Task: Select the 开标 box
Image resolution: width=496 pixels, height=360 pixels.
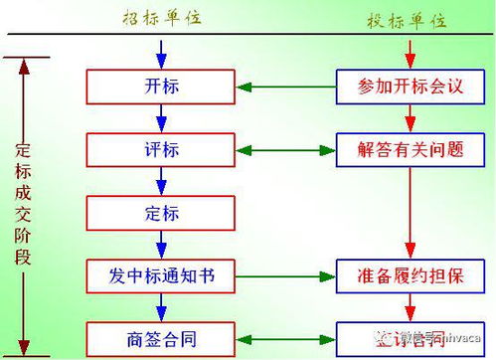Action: coord(161,87)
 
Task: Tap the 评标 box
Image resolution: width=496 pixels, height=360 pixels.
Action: coord(161,149)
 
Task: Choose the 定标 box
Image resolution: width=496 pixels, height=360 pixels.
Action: coord(161,212)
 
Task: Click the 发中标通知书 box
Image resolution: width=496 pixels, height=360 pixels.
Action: coord(161,273)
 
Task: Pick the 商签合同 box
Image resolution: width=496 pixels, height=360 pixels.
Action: coord(161,334)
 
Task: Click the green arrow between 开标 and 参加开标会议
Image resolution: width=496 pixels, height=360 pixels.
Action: coord(285,87)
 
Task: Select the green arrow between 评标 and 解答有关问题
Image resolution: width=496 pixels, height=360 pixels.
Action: coord(285,150)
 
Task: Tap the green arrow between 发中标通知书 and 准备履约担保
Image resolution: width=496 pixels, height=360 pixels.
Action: coord(285,274)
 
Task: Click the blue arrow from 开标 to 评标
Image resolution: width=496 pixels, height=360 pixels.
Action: coord(161,117)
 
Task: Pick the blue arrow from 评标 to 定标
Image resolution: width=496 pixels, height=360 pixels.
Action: coord(161,180)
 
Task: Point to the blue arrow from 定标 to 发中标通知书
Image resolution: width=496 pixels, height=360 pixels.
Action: coord(161,243)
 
